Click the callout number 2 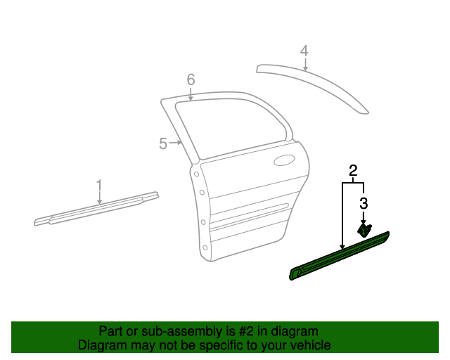353,169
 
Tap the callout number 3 364,204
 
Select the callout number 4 304,51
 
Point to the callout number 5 163,143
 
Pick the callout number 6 191,79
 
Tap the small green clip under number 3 365,229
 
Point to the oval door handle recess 284,160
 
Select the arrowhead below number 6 191,98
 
